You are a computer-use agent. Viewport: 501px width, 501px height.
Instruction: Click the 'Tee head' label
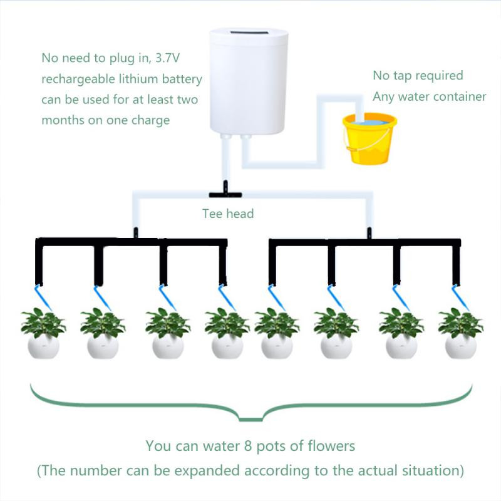click(228, 214)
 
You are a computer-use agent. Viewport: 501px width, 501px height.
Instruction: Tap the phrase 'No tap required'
click(418, 76)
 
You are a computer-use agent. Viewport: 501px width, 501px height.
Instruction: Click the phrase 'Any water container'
click(429, 96)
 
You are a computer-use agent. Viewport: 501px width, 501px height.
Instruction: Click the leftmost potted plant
click(43, 332)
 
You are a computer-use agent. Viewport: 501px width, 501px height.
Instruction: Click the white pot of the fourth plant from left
click(227, 346)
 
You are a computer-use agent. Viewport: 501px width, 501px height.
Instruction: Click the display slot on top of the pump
click(248, 33)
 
